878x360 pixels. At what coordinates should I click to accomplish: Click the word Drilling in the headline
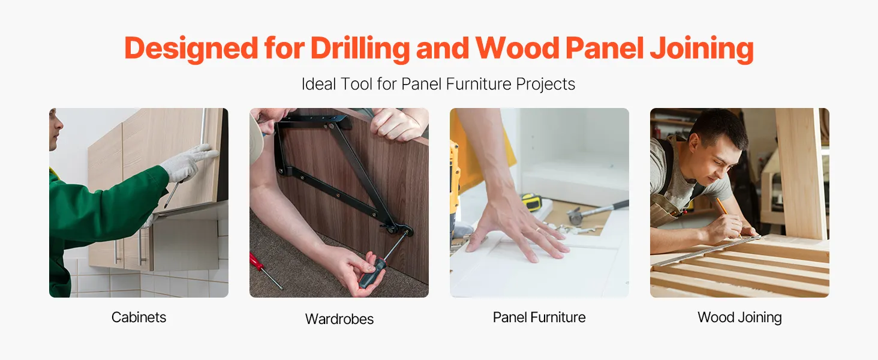[360, 49]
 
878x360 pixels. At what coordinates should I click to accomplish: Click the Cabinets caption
[139, 317]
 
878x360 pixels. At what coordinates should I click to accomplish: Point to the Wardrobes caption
[339, 319]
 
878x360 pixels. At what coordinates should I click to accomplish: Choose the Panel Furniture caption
[539, 317]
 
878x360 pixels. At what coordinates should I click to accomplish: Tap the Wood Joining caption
[739, 317]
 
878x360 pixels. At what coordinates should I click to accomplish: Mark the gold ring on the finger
[537, 229]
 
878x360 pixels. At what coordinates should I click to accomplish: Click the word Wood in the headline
[518, 49]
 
